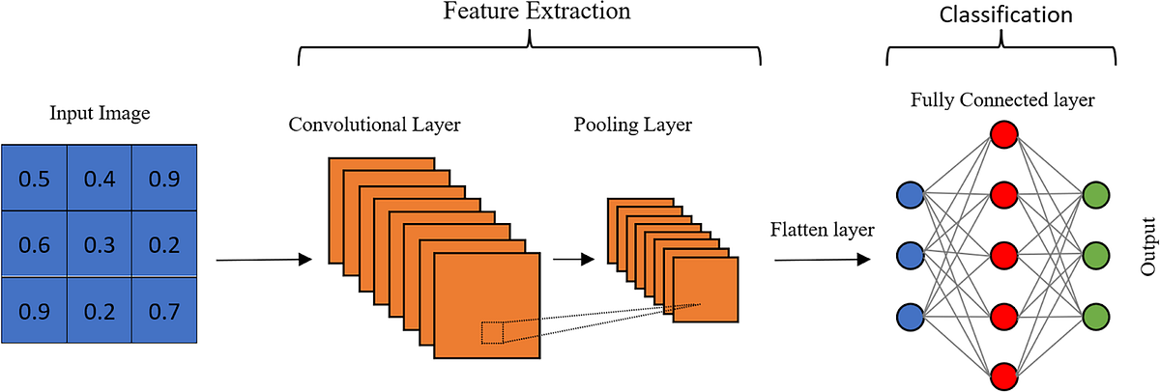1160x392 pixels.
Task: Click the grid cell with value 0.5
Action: [x=34, y=179]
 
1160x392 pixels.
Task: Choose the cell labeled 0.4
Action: [x=99, y=179]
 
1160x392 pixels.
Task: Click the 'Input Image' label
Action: [x=100, y=114]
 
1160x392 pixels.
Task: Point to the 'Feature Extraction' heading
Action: [x=536, y=13]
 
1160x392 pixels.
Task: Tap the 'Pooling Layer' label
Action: [x=633, y=126]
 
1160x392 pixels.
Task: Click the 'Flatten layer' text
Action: [x=823, y=230]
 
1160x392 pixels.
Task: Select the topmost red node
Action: [x=1003, y=132]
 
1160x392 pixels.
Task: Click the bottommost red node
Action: [x=1003, y=375]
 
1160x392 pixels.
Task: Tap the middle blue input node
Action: [x=911, y=256]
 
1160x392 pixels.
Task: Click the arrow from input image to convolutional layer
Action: [x=264, y=259]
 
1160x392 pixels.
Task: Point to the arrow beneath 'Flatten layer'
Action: [x=823, y=258]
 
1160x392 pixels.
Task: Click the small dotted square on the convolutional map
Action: [x=492, y=333]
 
